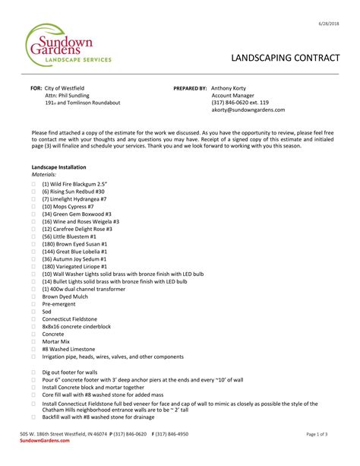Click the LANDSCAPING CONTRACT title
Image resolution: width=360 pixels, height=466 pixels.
[x=279, y=59]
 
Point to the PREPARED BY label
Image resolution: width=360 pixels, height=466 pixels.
[x=190, y=88]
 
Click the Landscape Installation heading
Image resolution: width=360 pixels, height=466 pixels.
[x=58, y=166]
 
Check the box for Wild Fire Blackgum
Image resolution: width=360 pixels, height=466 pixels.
[x=34, y=185]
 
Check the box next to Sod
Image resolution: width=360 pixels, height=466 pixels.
[x=34, y=312]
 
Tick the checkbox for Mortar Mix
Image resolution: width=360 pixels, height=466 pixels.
[x=34, y=341]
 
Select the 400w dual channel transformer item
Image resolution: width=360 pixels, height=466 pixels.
[x=81, y=289]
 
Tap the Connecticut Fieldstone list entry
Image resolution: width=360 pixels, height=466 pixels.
[x=70, y=319]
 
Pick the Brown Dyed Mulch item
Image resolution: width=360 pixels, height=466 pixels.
[x=66, y=296]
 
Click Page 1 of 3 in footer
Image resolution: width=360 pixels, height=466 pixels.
[x=317, y=434]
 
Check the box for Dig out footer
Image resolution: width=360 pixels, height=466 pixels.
[x=34, y=372]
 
